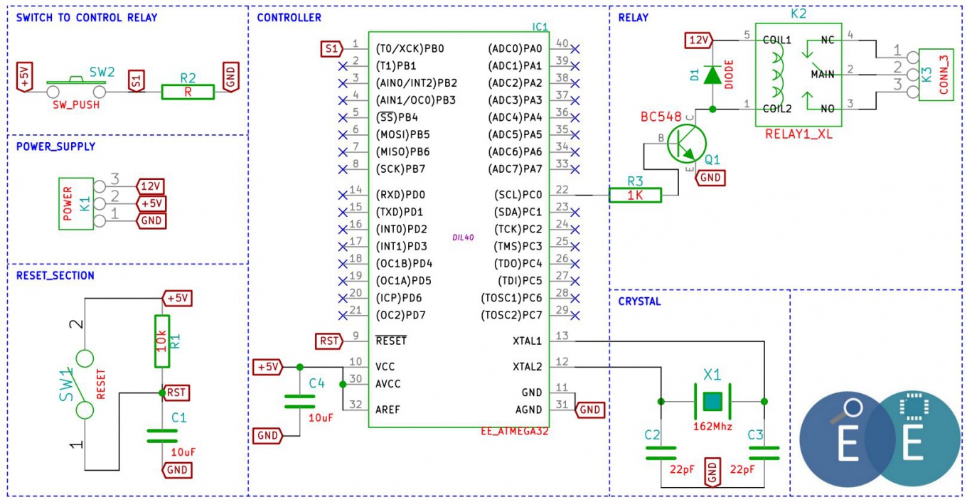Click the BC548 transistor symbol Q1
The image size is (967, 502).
[686, 144]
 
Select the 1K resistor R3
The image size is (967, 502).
[635, 195]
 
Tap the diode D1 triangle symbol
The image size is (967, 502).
[712, 75]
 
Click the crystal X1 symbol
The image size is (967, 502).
[712, 402]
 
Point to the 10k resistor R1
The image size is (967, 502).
[162, 341]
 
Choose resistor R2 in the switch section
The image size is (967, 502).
[188, 92]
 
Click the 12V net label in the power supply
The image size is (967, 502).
[151, 186]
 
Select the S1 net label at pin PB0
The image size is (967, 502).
[331, 49]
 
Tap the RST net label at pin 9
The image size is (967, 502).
[329, 341]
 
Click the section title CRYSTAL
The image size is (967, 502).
[639, 301]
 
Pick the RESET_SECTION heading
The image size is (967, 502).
[55, 276]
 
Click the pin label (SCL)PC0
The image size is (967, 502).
[518, 195]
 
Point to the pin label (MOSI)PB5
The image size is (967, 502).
[402, 134]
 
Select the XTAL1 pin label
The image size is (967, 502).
[527, 341]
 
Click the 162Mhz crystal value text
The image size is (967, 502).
[712, 427]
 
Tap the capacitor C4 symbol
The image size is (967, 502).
[299, 402]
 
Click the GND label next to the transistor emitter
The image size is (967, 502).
[710, 178]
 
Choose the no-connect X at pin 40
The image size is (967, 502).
[575, 49]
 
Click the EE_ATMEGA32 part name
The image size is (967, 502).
[515, 431]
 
